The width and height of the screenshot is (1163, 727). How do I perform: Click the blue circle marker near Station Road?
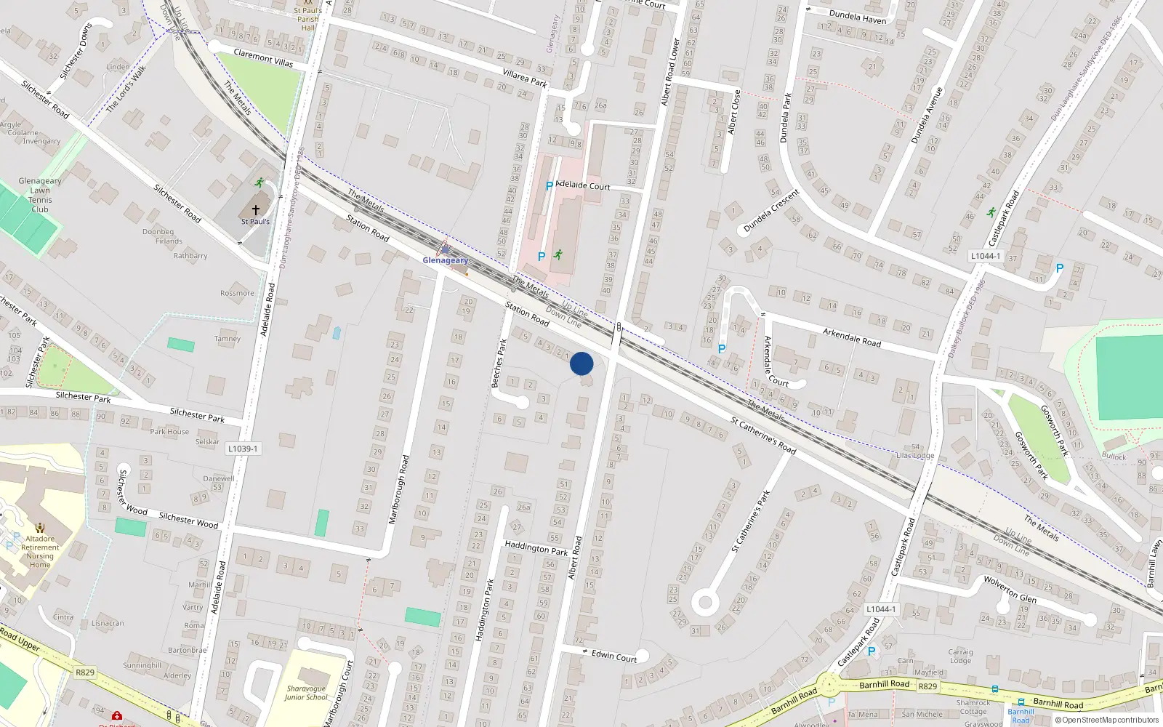coord(581,363)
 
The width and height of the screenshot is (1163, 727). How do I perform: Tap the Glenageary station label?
coord(445,260)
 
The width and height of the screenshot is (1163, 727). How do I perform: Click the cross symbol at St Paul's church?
coord(255,209)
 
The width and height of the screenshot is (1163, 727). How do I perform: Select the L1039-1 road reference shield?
coord(242,449)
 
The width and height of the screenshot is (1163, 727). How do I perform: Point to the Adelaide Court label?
coord(582,185)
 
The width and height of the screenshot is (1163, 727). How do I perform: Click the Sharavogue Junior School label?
coord(306,693)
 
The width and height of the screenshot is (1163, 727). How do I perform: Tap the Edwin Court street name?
coord(613,656)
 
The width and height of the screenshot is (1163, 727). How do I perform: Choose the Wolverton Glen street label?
coord(1010,589)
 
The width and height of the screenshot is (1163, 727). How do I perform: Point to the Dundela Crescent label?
coord(771,211)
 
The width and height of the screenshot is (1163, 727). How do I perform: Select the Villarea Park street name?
coord(524,78)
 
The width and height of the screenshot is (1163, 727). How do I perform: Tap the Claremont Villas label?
coord(263,57)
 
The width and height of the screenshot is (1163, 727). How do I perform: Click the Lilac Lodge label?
coord(915,456)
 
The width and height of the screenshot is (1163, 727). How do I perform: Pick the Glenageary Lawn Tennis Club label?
coord(40,195)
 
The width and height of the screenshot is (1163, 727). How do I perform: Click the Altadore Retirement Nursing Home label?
coord(40,552)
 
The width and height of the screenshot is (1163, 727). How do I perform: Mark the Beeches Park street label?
coord(499,363)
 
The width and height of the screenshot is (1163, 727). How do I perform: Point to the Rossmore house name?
coord(237,294)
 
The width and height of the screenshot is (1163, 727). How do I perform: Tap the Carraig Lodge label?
coord(960,656)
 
